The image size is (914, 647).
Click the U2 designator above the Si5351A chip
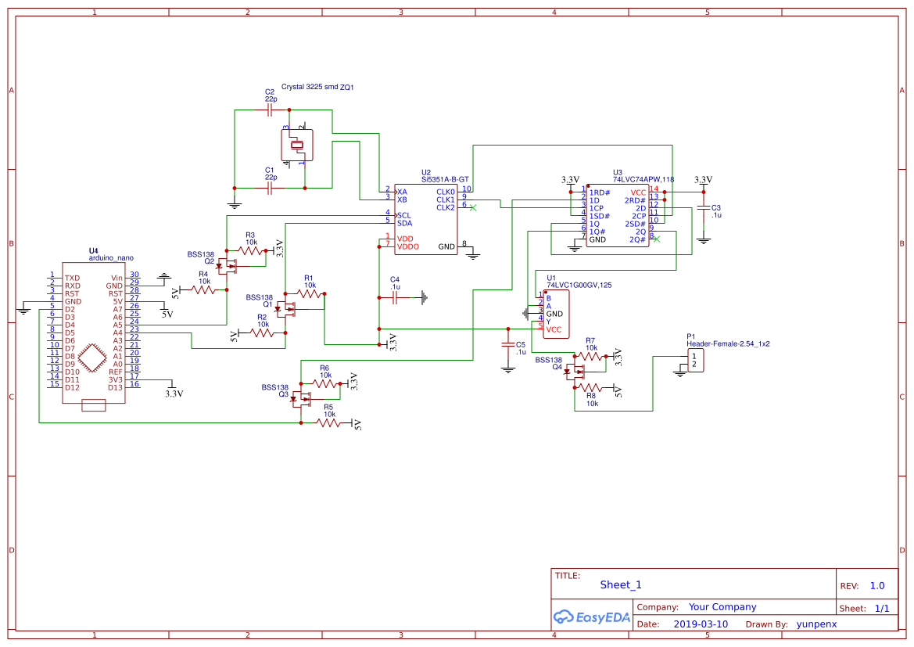pos(425,172)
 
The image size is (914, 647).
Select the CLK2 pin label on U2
pos(445,207)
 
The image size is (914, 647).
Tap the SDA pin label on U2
pos(404,223)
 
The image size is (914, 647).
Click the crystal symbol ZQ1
pos(296,145)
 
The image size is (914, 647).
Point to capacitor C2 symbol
pos(270,110)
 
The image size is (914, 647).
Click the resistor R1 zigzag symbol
pos(310,294)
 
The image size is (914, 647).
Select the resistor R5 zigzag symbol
pos(329,422)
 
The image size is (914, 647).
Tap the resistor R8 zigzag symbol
pos(592,388)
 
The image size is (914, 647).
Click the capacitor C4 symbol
pos(395,297)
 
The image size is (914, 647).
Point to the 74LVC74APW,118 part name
pos(643,179)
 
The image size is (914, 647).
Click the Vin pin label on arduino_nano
pos(116,278)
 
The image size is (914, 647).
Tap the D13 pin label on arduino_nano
pos(115,387)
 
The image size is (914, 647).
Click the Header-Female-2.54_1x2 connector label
pos(728,343)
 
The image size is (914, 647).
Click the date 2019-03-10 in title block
pos(700,624)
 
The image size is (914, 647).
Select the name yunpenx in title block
pos(816,624)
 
